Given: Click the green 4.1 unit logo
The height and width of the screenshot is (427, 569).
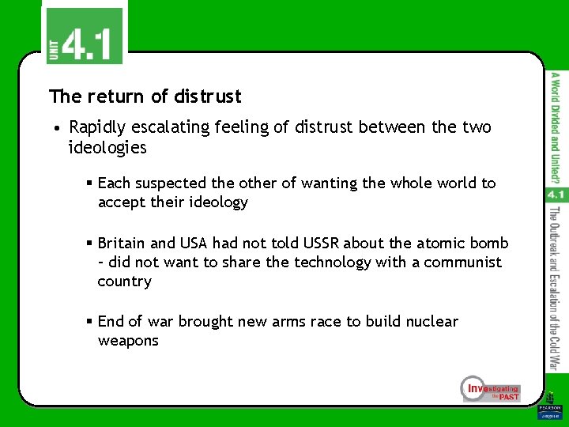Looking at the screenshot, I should (x=84, y=36).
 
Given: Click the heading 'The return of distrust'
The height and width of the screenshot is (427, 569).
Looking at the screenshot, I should (x=145, y=96).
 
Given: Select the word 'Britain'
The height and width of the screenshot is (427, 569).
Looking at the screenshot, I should (x=123, y=242).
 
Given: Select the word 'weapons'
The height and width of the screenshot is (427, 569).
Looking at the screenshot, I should (x=128, y=341).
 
